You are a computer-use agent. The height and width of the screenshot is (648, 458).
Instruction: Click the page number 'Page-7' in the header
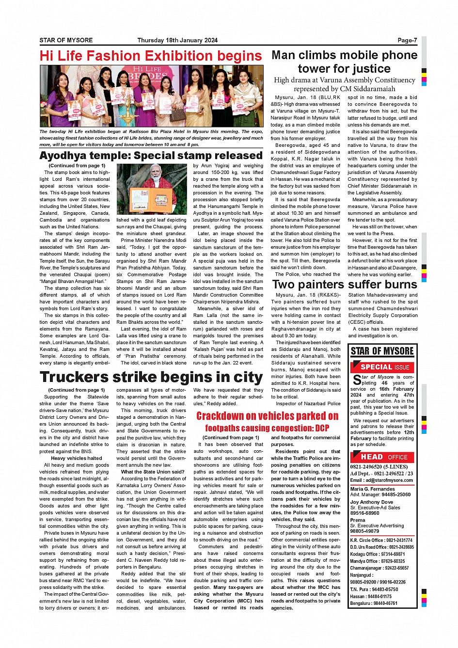407,40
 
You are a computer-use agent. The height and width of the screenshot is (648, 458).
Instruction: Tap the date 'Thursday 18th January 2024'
177,40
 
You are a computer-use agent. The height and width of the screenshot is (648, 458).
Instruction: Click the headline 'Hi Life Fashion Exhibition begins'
151,56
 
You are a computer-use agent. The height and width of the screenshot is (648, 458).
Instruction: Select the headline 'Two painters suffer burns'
345,284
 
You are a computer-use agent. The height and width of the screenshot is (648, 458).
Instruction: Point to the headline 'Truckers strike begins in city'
151,377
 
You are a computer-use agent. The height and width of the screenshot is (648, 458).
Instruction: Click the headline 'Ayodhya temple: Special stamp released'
151,156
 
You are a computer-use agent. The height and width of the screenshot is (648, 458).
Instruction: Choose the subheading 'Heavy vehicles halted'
77,458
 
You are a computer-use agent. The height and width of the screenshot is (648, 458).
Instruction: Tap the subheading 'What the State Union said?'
152,472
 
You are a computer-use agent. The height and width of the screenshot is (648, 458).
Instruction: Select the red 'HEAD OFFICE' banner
384,457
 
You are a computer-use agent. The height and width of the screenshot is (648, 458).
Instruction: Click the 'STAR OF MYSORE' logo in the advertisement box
382,351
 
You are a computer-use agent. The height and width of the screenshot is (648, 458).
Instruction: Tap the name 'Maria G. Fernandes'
372,489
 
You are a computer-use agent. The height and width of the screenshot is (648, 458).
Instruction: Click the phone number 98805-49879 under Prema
364,531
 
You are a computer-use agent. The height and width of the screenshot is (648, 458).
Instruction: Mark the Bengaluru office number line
374,603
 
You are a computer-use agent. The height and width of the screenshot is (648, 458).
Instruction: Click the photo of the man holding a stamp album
152,189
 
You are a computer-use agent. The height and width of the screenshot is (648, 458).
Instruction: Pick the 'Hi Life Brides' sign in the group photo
147,73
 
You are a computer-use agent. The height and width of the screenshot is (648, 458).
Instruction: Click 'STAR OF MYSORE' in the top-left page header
66,40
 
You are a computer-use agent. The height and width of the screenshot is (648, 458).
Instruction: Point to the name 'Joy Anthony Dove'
371,502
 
